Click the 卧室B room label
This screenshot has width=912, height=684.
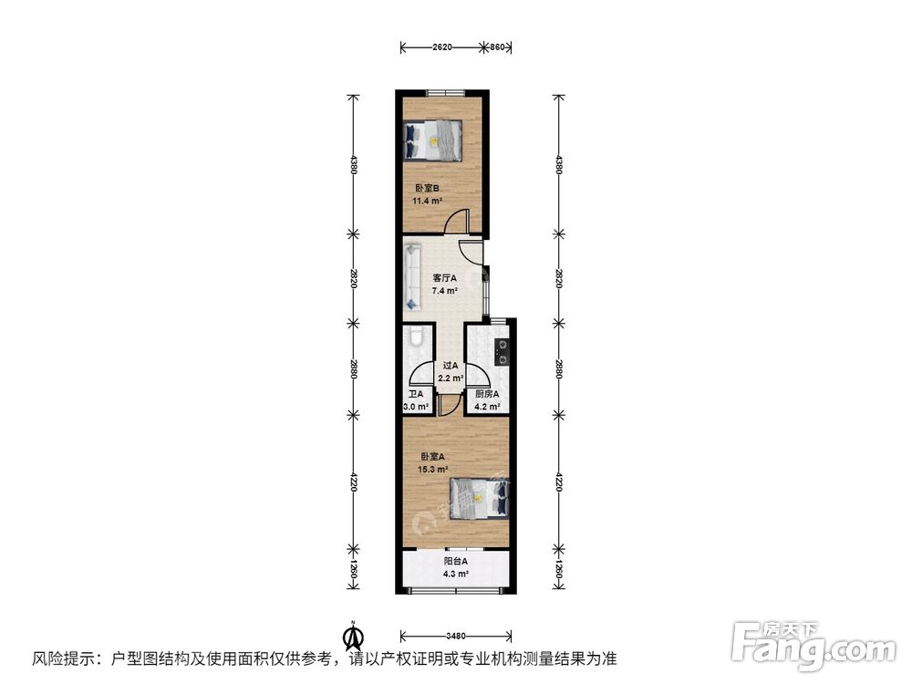tap(426, 188)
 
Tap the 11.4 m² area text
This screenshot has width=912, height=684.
tap(428, 202)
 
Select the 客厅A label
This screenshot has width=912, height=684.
tap(445, 278)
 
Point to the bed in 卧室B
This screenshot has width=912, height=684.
tap(433, 140)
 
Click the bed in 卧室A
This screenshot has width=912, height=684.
tap(481, 498)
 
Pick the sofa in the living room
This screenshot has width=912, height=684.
tap(412, 276)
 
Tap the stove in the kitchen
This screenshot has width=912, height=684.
tap(502, 352)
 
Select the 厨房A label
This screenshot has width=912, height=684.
tap(487, 394)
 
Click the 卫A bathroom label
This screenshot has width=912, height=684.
tap(415, 394)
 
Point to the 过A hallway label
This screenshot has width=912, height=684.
tap(451, 366)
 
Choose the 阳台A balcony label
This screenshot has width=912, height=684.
tap(456, 561)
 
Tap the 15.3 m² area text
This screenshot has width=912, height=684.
tap(432, 470)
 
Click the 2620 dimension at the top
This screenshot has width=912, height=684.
tap(442, 47)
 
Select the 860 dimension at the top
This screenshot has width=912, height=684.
tap(497, 47)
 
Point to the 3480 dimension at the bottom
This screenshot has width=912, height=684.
tap(456, 636)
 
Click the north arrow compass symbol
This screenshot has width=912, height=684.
tap(352, 637)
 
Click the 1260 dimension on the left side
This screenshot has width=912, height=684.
tap(353, 571)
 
